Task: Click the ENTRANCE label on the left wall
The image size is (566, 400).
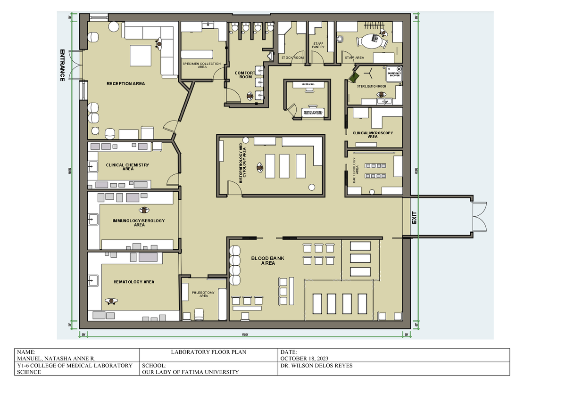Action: [62, 65]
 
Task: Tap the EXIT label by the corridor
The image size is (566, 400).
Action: [414, 218]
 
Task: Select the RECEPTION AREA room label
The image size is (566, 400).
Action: [125, 84]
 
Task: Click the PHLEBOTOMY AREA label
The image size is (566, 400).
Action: [203, 294]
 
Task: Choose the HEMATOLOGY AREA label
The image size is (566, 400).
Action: [134, 282]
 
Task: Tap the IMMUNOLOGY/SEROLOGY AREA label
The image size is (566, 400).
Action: [139, 222]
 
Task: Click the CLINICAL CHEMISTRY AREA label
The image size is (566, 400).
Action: [127, 167]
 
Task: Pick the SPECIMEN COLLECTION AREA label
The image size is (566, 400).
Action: [202, 65]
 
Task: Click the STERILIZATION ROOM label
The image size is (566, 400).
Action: [372, 87]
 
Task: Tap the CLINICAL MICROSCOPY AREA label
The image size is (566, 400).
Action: [373, 135]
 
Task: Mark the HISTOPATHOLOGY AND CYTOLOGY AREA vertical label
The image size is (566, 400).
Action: [242, 163]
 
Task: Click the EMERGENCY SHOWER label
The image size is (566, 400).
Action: [394, 74]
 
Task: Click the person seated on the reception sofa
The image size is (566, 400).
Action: [160, 43]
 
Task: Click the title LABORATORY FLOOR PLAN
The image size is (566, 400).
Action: [208, 352]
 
